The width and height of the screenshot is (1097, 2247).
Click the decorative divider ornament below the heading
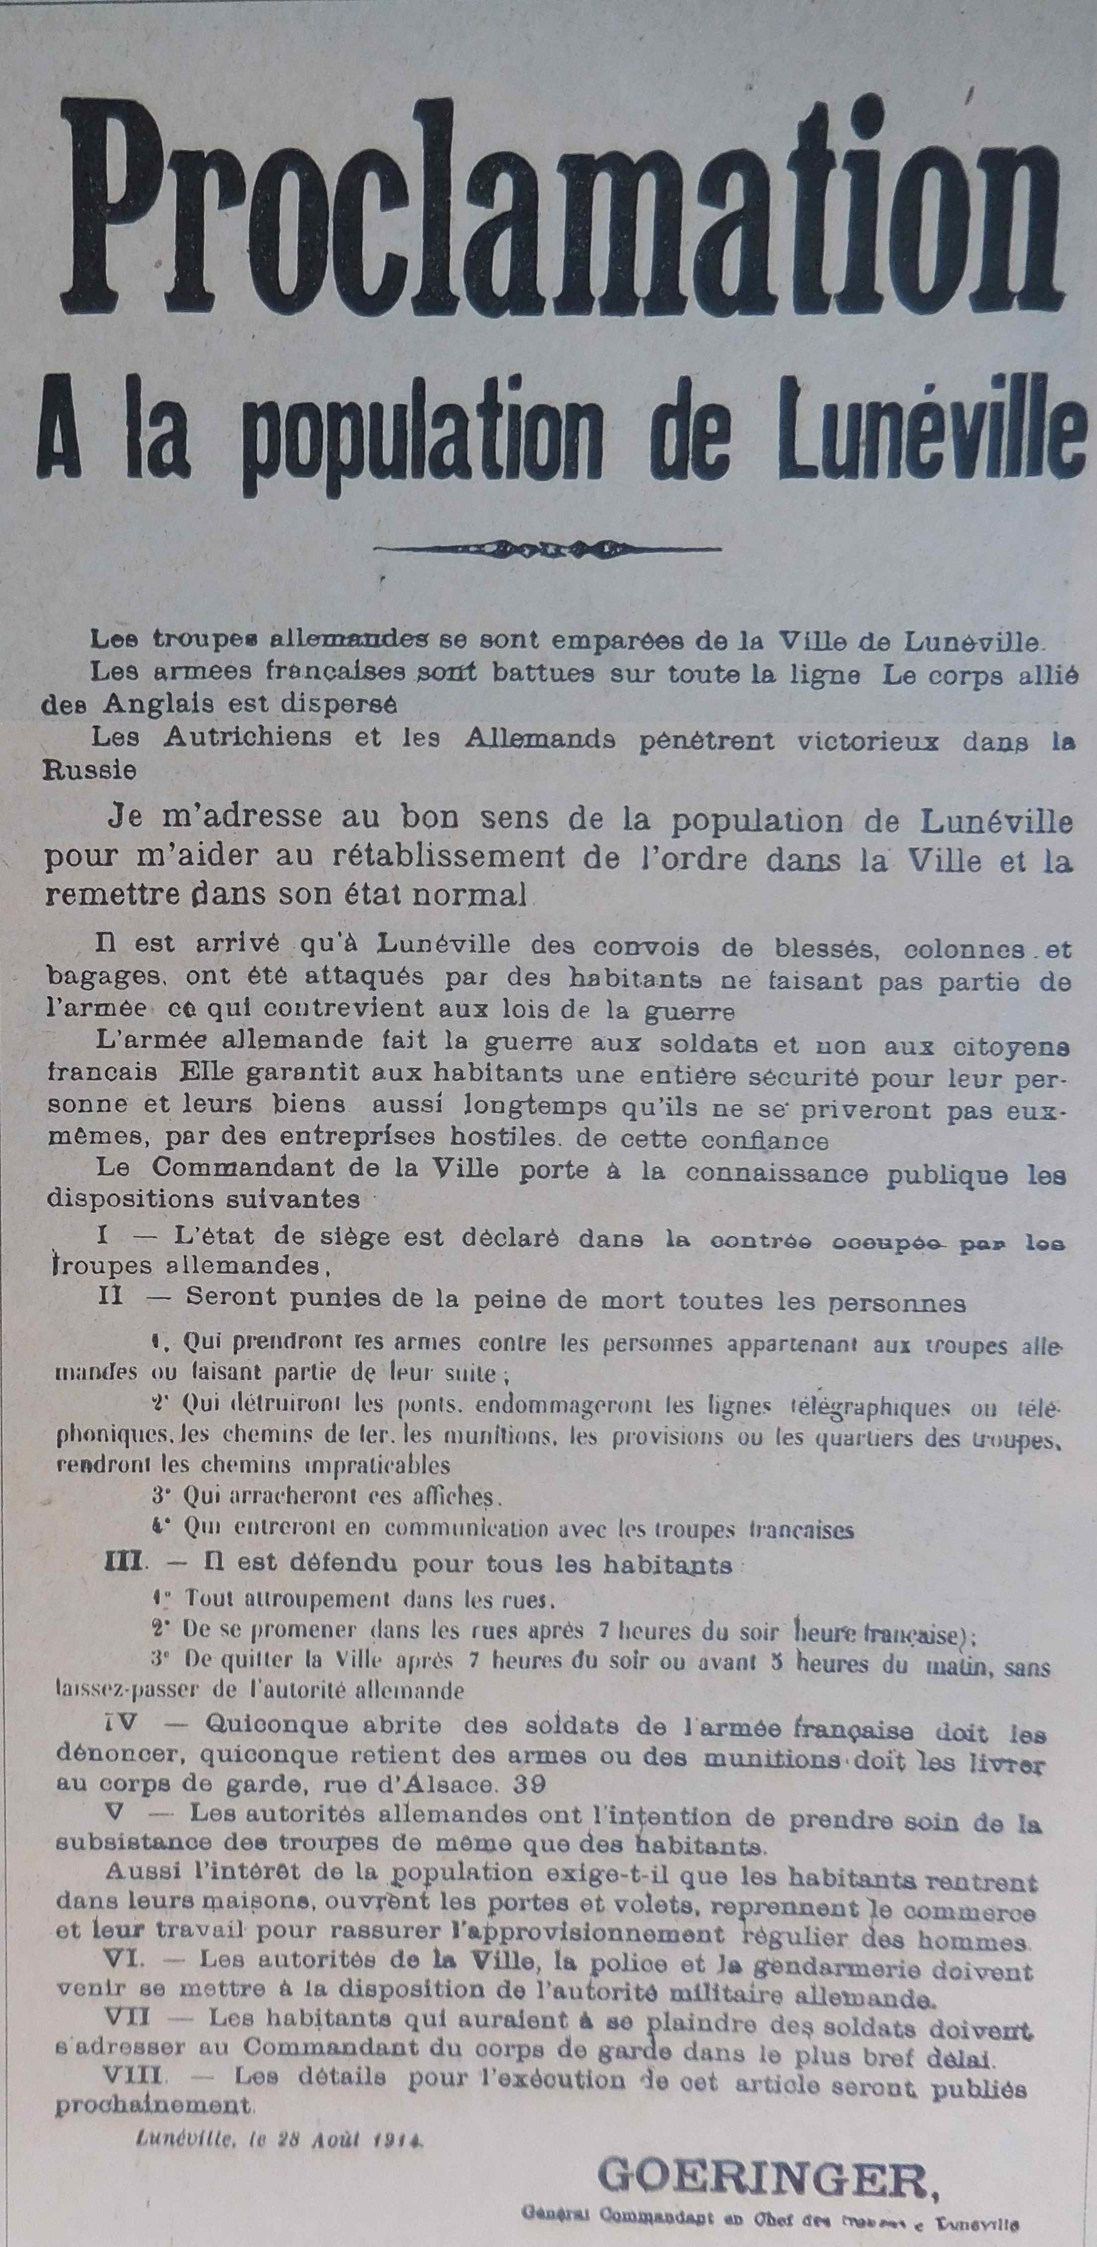[548, 548]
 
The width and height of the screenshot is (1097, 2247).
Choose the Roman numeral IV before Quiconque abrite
[118, 1724]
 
